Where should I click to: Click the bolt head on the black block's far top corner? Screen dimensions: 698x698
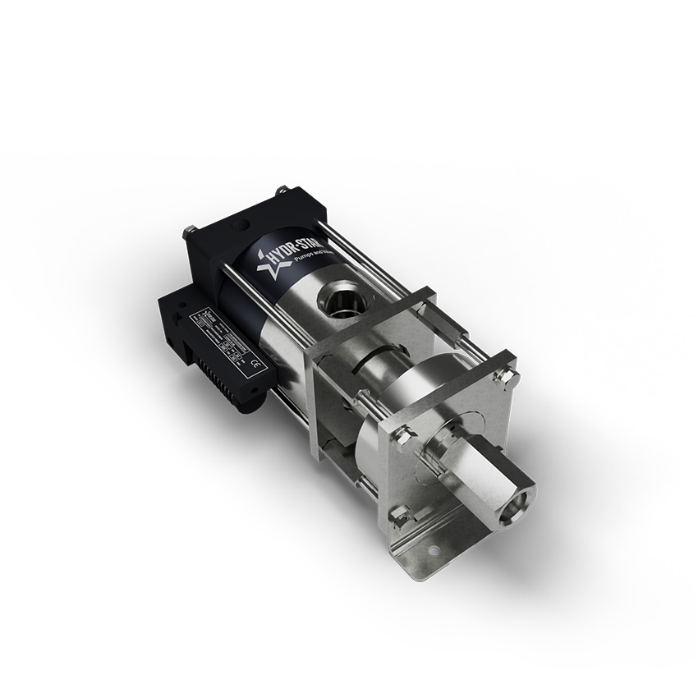tap(282, 191)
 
